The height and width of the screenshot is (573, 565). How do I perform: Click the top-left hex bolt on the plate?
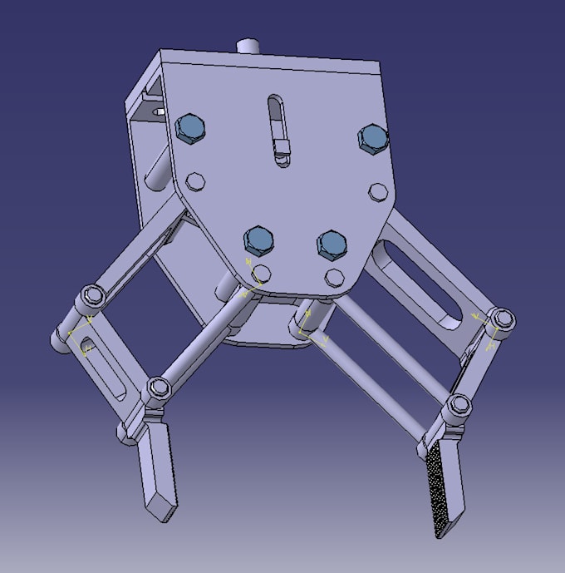point(190,128)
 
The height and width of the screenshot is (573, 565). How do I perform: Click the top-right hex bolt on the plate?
point(372,138)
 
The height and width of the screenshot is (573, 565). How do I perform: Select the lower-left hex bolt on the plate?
point(258,240)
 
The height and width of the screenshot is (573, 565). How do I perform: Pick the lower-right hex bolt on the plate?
point(332,242)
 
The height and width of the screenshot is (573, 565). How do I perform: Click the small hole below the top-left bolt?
point(196,180)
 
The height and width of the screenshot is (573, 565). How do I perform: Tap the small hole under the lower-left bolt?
point(263,274)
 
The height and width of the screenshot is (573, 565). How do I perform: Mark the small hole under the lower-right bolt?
point(335,276)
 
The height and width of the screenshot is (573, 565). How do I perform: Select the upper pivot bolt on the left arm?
point(91,296)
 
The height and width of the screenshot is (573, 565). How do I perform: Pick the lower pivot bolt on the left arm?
point(157,389)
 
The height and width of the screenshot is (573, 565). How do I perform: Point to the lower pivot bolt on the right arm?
point(457,407)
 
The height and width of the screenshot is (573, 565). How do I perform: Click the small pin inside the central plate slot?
point(282,151)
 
